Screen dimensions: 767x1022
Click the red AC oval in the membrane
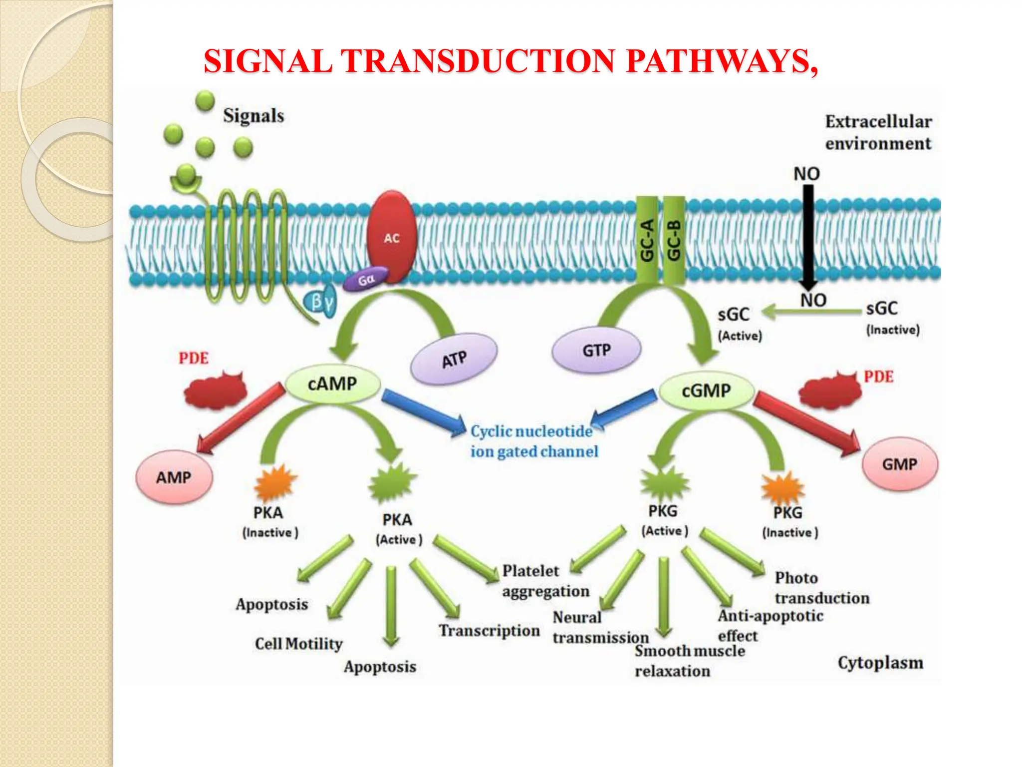[x=392, y=237]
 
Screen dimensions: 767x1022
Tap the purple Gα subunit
[x=366, y=280]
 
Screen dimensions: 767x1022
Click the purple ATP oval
[x=454, y=359]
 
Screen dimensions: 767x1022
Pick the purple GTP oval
[x=596, y=351]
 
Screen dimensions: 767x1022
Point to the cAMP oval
[x=332, y=384]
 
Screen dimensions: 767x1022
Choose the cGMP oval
[x=706, y=391]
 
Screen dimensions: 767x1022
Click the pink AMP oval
[x=174, y=477]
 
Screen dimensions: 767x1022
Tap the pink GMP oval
[x=899, y=464]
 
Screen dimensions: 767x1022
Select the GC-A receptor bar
[x=647, y=240]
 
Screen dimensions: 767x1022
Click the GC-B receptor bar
[x=674, y=240]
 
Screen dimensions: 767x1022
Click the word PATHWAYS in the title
[x=721, y=61]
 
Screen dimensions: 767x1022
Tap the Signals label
[x=254, y=116]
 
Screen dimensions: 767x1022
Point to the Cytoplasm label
[x=880, y=663]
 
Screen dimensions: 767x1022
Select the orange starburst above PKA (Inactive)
[x=275, y=482]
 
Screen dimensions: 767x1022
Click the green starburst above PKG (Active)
[x=664, y=483]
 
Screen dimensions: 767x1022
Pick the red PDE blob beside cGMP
[x=830, y=392]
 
